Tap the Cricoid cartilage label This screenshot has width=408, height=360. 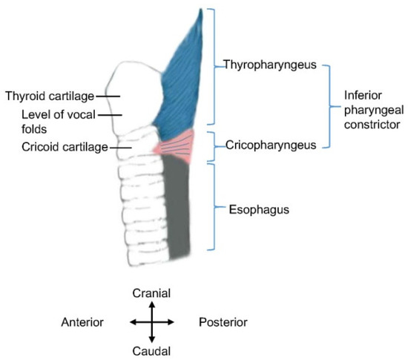click(x=62, y=146)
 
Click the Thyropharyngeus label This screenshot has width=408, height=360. click(x=270, y=65)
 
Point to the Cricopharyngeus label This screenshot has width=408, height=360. click(x=270, y=145)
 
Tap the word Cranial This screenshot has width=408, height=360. click(x=151, y=293)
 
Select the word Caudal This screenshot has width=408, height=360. click(x=151, y=350)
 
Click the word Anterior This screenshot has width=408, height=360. click(x=82, y=322)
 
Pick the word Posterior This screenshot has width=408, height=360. click(x=223, y=322)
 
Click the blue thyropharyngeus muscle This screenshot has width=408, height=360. click(x=182, y=82)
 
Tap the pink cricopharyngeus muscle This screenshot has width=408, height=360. click(x=178, y=145)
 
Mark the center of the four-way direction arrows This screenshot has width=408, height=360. click(x=151, y=322)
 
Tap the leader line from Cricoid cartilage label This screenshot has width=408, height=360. click(x=120, y=147)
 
